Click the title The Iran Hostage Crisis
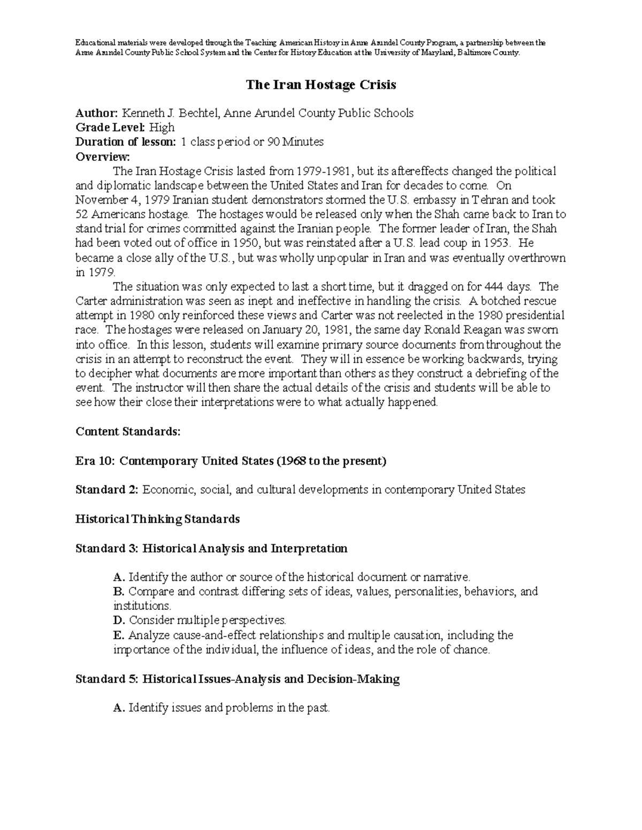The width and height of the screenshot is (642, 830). point(320,84)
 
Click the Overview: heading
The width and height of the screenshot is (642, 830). point(102,157)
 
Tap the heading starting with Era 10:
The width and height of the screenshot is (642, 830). point(231,461)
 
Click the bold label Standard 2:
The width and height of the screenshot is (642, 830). point(107,490)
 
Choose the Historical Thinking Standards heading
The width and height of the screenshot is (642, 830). point(157,519)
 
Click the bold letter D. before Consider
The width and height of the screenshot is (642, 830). point(119,620)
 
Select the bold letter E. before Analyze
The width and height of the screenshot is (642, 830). point(119,635)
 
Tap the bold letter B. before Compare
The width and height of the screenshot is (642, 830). point(119,592)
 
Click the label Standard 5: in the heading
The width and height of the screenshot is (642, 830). point(107,679)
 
